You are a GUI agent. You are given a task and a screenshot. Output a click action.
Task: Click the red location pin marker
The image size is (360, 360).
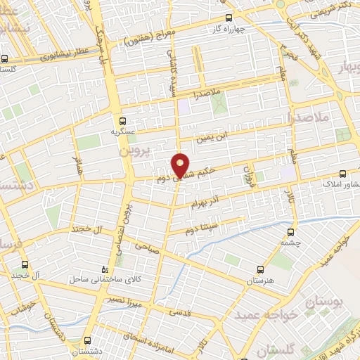181,166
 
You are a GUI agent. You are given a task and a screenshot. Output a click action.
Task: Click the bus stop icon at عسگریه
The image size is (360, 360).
123,120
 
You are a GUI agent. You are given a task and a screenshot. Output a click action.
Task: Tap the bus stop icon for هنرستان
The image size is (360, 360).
261,269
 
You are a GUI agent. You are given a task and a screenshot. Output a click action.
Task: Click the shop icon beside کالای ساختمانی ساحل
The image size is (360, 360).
105,269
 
